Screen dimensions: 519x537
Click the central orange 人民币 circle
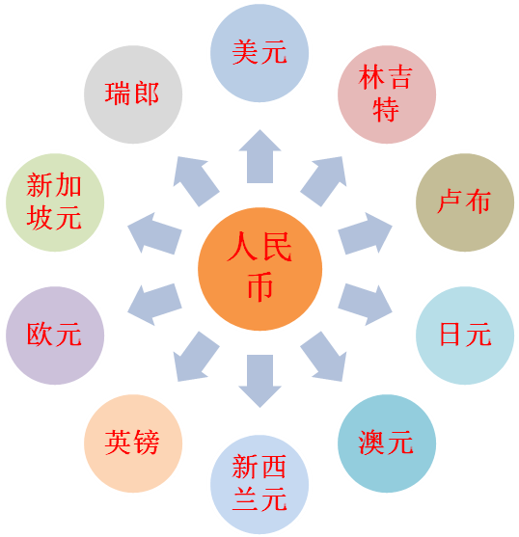click(259, 269)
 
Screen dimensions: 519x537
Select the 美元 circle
click(259, 53)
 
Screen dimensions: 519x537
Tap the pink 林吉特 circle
click(387, 94)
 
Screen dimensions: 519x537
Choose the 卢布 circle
click(465, 202)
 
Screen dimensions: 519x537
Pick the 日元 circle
click(465, 336)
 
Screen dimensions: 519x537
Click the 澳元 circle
click(387, 443)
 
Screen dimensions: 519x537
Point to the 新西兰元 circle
click(259, 485)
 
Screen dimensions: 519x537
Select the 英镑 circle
click(133, 443)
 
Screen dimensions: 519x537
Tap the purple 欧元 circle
click(55, 336)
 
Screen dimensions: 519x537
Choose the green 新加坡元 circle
click(55, 202)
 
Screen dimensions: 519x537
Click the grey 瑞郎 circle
click(133, 94)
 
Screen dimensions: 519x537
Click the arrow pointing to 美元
click(260, 156)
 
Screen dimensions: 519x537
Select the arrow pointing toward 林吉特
click(324, 181)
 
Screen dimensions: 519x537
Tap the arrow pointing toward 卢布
click(365, 233)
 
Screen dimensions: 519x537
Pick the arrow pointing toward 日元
click(365, 305)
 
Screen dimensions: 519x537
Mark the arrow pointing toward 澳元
click(324, 356)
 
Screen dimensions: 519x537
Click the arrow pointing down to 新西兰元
click(260, 381)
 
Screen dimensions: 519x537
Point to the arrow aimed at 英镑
click(196, 356)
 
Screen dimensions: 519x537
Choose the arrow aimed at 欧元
click(155, 305)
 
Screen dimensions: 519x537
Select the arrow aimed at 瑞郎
click(196, 181)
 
